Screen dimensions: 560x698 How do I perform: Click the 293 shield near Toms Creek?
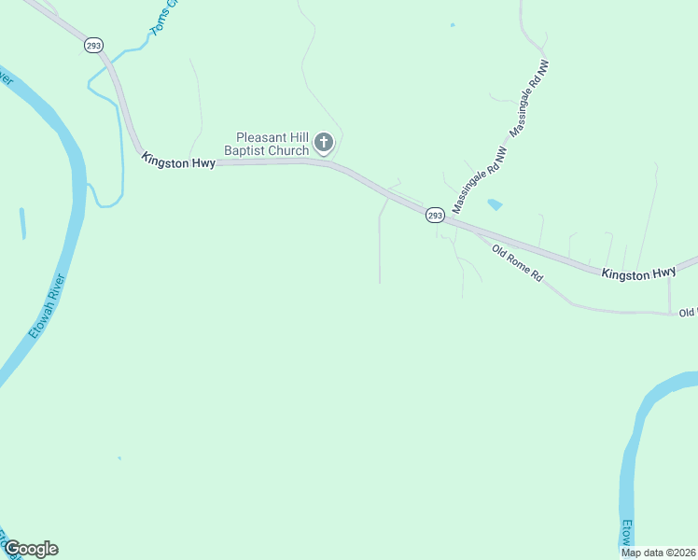point(94,44)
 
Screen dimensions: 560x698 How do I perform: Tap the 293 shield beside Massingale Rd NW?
point(435,215)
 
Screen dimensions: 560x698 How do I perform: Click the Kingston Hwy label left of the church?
point(179,161)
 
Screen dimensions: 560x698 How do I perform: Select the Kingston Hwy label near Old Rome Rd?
point(638,273)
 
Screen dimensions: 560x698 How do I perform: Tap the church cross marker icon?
point(323,143)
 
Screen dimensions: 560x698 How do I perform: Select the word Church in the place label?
point(289,150)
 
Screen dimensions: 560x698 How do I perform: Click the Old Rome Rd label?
point(517,263)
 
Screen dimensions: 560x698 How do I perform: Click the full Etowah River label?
point(44,306)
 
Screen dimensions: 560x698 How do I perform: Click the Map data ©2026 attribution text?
point(658,553)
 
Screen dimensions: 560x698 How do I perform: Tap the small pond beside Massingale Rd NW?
point(494,204)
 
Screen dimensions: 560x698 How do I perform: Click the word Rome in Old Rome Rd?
point(518,263)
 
